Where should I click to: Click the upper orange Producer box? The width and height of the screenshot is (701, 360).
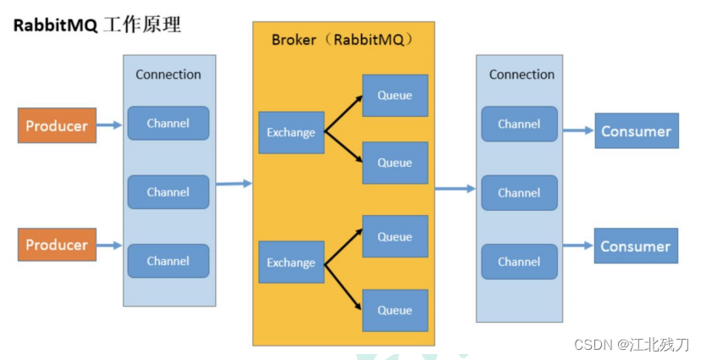pyautogui.click(x=57, y=125)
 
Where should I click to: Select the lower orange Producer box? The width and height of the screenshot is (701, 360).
pyautogui.click(x=57, y=245)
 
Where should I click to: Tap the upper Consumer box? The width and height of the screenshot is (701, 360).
pyautogui.click(x=636, y=131)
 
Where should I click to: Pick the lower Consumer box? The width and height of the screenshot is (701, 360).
pyautogui.click(x=636, y=246)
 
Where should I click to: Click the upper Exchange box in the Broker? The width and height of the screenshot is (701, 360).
pyautogui.click(x=291, y=132)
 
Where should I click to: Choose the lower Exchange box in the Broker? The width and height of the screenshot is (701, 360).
pyautogui.click(x=291, y=263)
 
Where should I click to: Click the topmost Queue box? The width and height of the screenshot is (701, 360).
pyautogui.click(x=395, y=96)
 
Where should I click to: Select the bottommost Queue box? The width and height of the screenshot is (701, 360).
pyautogui.click(x=395, y=310)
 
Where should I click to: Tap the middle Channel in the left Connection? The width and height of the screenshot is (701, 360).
pyautogui.click(x=168, y=192)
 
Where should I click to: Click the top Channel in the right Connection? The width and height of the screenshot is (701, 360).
pyautogui.click(x=519, y=124)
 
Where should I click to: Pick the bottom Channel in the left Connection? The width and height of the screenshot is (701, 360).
pyautogui.click(x=168, y=261)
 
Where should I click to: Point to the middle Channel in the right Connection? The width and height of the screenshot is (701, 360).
pyautogui.click(x=519, y=193)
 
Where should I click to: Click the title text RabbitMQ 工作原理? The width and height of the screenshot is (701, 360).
pyautogui.click(x=97, y=25)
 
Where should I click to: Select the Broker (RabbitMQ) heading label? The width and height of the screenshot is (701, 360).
pyautogui.click(x=342, y=40)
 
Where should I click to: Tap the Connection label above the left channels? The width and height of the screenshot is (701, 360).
pyautogui.click(x=168, y=75)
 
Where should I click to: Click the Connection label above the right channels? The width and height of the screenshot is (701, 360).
pyautogui.click(x=522, y=75)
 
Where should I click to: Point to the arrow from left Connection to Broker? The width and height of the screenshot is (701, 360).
pyautogui.click(x=234, y=183)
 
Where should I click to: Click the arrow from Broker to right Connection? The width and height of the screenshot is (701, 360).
pyautogui.click(x=455, y=189)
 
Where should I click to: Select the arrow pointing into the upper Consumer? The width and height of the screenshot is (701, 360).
pyautogui.click(x=577, y=130)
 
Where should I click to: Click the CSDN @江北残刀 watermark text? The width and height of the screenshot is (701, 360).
pyautogui.click(x=631, y=345)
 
